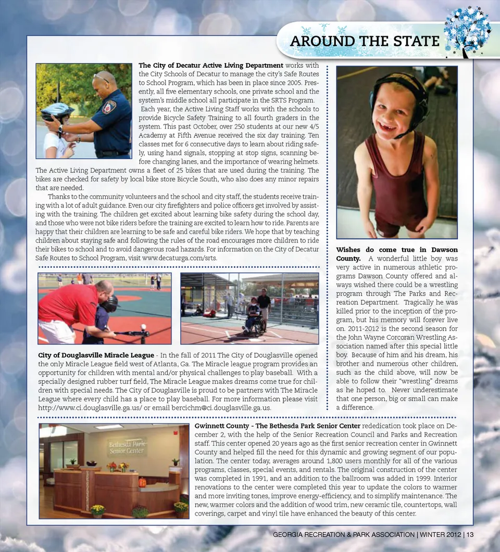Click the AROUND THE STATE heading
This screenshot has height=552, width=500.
click(x=365, y=41)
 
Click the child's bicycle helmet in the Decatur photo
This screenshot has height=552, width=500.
click(x=57, y=111)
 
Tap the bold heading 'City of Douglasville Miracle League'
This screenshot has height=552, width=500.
click(x=96, y=355)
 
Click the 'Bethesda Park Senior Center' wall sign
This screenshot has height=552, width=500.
click(x=127, y=447)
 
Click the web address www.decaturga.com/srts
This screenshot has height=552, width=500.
click(x=179, y=258)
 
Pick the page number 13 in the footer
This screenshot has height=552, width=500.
click(x=470, y=535)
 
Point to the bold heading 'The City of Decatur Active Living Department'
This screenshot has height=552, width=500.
click(x=210, y=65)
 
